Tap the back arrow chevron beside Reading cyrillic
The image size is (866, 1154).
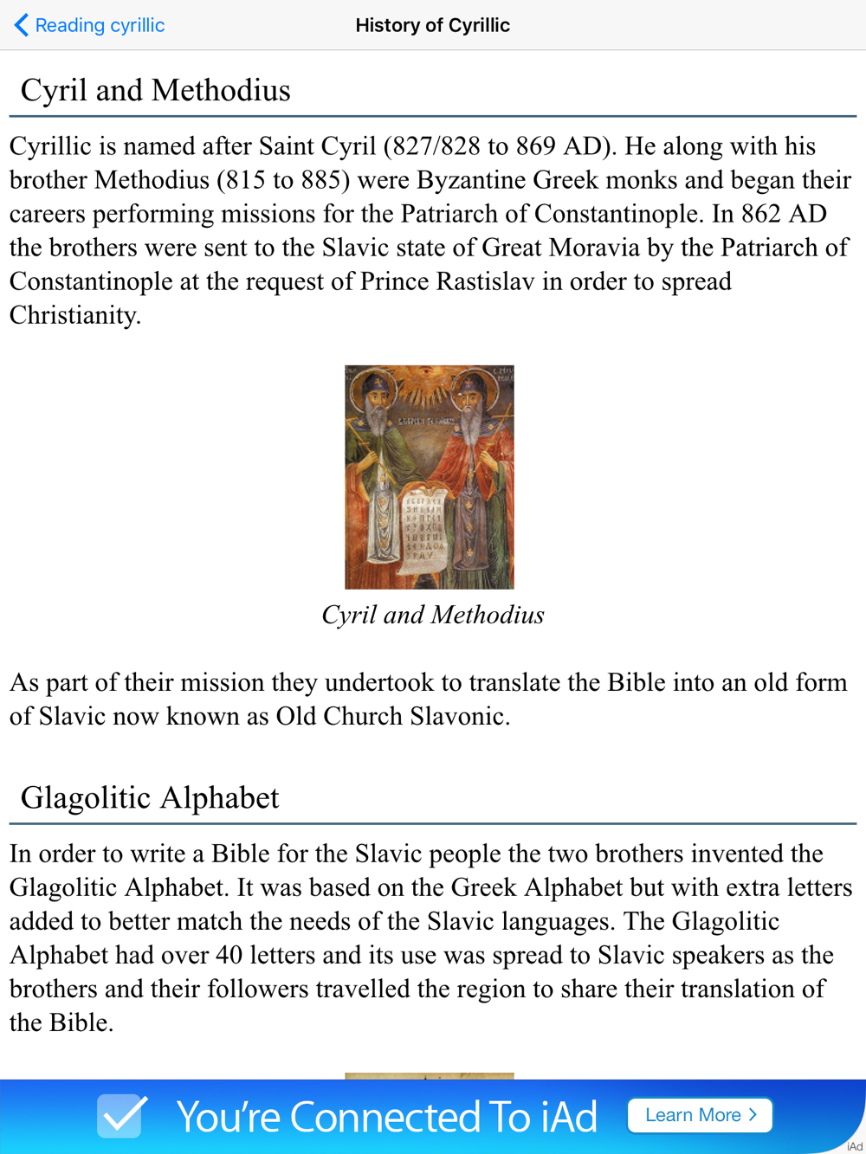click(22, 25)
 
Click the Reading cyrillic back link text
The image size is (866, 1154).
click(100, 26)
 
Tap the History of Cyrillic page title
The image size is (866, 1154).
click(432, 25)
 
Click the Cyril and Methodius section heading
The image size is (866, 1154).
click(155, 90)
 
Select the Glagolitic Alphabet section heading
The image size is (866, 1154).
click(150, 797)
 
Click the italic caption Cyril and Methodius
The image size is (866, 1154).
click(432, 615)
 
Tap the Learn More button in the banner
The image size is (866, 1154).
click(700, 1115)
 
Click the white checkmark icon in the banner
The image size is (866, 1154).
click(121, 1115)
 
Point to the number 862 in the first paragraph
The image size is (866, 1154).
click(759, 214)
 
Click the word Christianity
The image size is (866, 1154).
click(74, 315)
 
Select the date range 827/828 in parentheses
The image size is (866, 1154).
click(436, 146)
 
